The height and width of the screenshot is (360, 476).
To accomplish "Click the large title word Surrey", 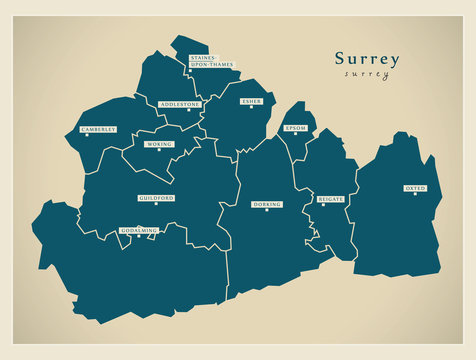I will tap(367, 59).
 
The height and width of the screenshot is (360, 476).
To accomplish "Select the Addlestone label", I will tap(182, 104).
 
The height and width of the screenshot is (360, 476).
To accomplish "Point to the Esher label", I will tap(251, 101).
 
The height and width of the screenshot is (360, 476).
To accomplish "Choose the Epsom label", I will tap(295, 128).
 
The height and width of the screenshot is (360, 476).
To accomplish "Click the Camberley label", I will tap(99, 129).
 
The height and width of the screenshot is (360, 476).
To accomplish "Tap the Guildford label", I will tap(157, 199).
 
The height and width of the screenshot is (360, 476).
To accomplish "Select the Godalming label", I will tap(139, 230).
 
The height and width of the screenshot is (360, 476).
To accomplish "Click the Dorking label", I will tap(267, 204).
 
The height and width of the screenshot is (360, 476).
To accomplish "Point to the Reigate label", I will tap(330, 199).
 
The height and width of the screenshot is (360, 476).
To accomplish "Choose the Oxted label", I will tap(415, 187).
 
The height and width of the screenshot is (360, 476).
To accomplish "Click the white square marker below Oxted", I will tap(415, 195).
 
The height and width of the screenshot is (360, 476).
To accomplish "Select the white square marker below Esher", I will tap(252, 109).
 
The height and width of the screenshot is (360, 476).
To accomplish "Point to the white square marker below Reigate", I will tap(321, 207).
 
